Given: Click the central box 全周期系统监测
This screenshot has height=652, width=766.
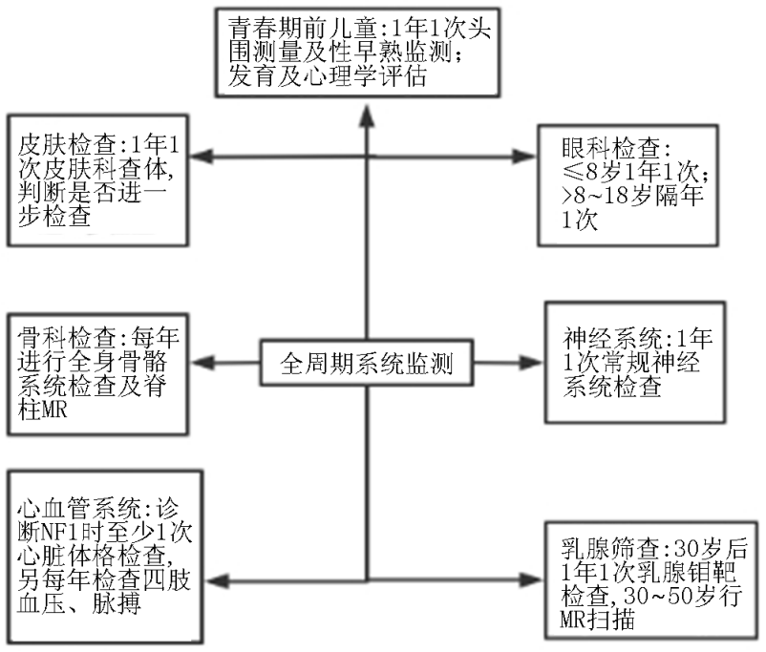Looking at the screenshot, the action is pyautogui.click(x=367, y=363).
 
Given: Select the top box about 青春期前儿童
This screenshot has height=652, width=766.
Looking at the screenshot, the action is pyautogui.click(x=357, y=53).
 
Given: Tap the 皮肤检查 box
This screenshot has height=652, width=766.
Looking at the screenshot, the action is pyautogui.click(x=97, y=180).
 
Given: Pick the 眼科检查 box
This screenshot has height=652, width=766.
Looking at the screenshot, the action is pyautogui.click(x=628, y=185).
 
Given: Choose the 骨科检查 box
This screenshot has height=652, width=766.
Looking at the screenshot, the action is pyautogui.click(x=97, y=374).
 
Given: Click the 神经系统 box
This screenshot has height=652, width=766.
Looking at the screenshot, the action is pyautogui.click(x=635, y=362).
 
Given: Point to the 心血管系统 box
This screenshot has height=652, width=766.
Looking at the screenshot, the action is pyautogui.click(x=105, y=557).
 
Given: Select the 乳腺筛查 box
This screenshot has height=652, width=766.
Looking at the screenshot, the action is pyautogui.click(x=651, y=580).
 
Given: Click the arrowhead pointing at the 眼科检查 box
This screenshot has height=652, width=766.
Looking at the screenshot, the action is pyautogui.click(x=524, y=157).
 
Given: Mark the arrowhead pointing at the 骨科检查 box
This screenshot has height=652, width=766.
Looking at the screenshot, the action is pyautogui.click(x=202, y=363).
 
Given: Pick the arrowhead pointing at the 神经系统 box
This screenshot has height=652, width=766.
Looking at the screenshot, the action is pyautogui.click(x=531, y=363).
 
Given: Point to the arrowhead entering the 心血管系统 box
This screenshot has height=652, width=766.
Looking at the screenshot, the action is pyautogui.click(x=217, y=580).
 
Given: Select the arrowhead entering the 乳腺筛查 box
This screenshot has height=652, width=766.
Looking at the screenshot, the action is pyautogui.click(x=531, y=580).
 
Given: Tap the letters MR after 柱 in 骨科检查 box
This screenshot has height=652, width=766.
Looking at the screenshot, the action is pyautogui.click(x=53, y=410).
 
